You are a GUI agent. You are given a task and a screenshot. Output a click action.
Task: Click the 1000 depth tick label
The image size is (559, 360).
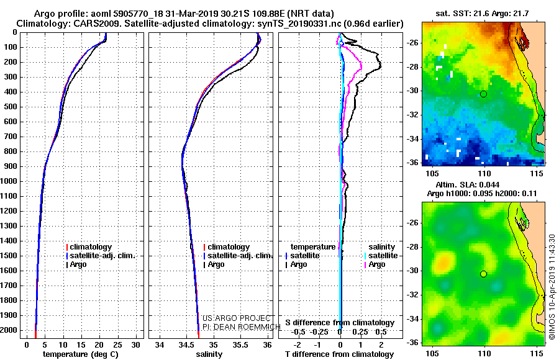click(x=9, y=181)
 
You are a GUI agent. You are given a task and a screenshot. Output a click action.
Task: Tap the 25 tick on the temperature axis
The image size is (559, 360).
click(x=117, y=345)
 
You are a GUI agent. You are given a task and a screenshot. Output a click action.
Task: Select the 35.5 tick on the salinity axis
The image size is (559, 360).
click(x=240, y=345)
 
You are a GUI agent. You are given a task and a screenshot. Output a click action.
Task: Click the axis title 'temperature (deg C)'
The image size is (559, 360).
click(x=81, y=354)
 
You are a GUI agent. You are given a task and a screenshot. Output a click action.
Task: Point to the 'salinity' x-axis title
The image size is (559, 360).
click(x=209, y=354)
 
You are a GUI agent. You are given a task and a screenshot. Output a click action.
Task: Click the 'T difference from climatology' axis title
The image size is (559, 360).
click(x=339, y=354)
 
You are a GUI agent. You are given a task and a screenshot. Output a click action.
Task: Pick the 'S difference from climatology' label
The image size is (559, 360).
click(x=340, y=323)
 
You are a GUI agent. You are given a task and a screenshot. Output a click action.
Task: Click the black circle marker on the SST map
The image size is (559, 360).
click(x=483, y=94)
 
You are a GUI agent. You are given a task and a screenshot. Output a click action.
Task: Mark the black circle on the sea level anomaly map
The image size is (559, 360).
click(x=483, y=274)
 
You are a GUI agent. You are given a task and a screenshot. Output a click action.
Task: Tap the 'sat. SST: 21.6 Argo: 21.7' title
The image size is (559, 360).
click(x=482, y=14)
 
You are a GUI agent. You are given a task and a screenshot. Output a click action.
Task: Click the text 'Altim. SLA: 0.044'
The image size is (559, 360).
click(x=467, y=184)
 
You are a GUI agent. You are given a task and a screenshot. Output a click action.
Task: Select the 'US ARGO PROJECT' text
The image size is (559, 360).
click(x=237, y=318)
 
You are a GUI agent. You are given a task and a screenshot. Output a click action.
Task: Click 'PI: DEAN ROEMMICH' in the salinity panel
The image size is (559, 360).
click(x=242, y=327)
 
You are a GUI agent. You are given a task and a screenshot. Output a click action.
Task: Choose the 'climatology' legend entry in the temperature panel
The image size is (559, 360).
click(x=91, y=247)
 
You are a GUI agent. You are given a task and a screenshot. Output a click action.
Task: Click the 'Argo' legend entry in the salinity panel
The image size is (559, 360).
click(x=216, y=264)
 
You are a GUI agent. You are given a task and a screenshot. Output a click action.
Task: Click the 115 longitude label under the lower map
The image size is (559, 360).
click(x=537, y=354)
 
